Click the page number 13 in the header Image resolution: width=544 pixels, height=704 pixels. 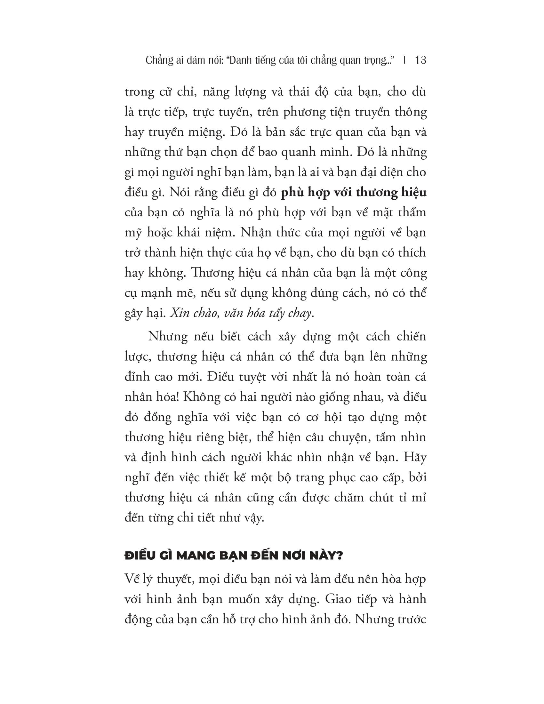tap(421, 60)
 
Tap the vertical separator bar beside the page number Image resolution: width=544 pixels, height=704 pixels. tap(405, 60)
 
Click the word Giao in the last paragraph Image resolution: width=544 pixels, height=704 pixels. tap(339, 599)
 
